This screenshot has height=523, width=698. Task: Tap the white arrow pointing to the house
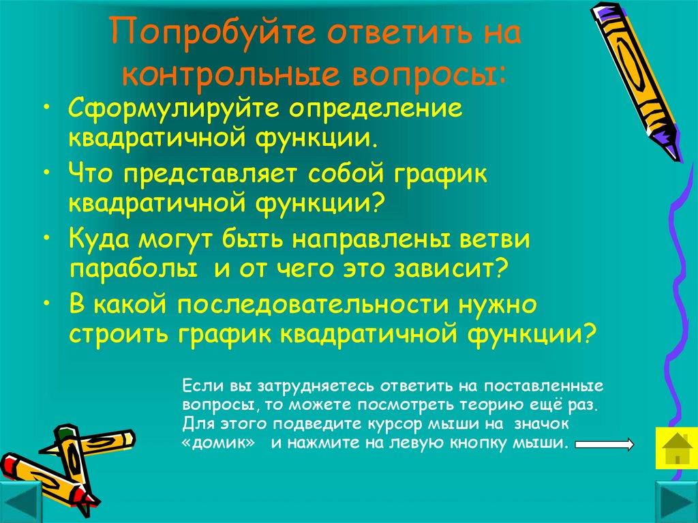click(605, 445)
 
